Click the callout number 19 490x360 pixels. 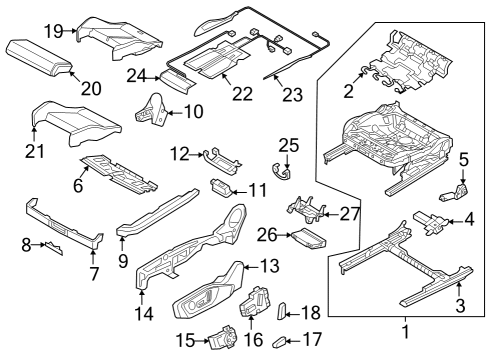[x=54, y=31]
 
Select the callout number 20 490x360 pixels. [x=91, y=89]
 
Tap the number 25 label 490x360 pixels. [x=289, y=146]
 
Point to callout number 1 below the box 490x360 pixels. [x=406, y=332]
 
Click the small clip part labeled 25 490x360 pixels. [x=282, y=172]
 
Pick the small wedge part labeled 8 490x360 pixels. [x=54, y=248]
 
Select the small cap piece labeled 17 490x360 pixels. [x=279, y=342]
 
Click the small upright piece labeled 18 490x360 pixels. [x=281, y=311]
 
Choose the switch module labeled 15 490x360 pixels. [x=223, y=338]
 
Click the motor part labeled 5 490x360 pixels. [x=454, y=193]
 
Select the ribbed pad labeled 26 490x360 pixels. [x=308, y=239]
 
